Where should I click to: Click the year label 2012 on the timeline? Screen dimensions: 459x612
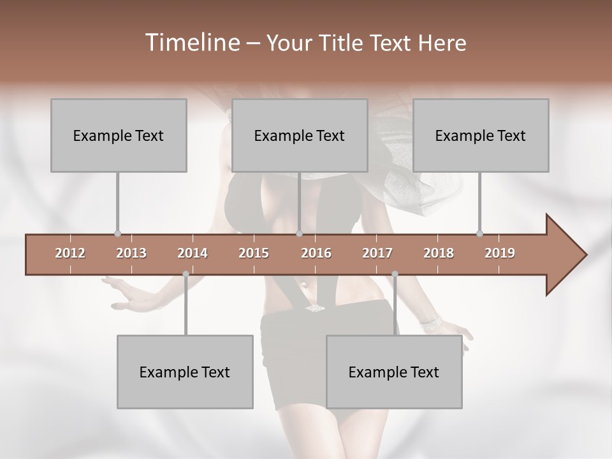(70, 253)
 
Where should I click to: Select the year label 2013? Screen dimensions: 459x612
(131, 253)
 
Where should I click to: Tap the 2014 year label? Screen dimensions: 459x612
(193, 253)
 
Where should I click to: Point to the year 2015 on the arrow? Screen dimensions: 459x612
(254, 253)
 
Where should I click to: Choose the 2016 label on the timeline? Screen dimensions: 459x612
(316, 253)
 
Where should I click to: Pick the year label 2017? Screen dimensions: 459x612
(377, 253)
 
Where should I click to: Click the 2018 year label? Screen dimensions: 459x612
(439, 253)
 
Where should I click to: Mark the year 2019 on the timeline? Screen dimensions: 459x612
(500, 253)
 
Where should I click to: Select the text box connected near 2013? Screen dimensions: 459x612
(119, 135)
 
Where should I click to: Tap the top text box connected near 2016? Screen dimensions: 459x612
(300, 135)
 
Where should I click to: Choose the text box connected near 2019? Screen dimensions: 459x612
(481, 135)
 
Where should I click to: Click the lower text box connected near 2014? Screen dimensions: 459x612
(185, 372)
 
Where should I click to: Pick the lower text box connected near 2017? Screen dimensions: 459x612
(394, 372)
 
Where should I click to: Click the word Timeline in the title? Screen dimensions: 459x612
(191, 43)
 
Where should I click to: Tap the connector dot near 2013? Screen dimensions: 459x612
(117, 233)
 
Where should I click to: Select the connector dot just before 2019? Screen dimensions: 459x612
(479, 233)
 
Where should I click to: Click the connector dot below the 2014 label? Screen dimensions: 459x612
(186, 274)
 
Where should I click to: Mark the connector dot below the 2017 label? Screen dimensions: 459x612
(395, 274)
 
